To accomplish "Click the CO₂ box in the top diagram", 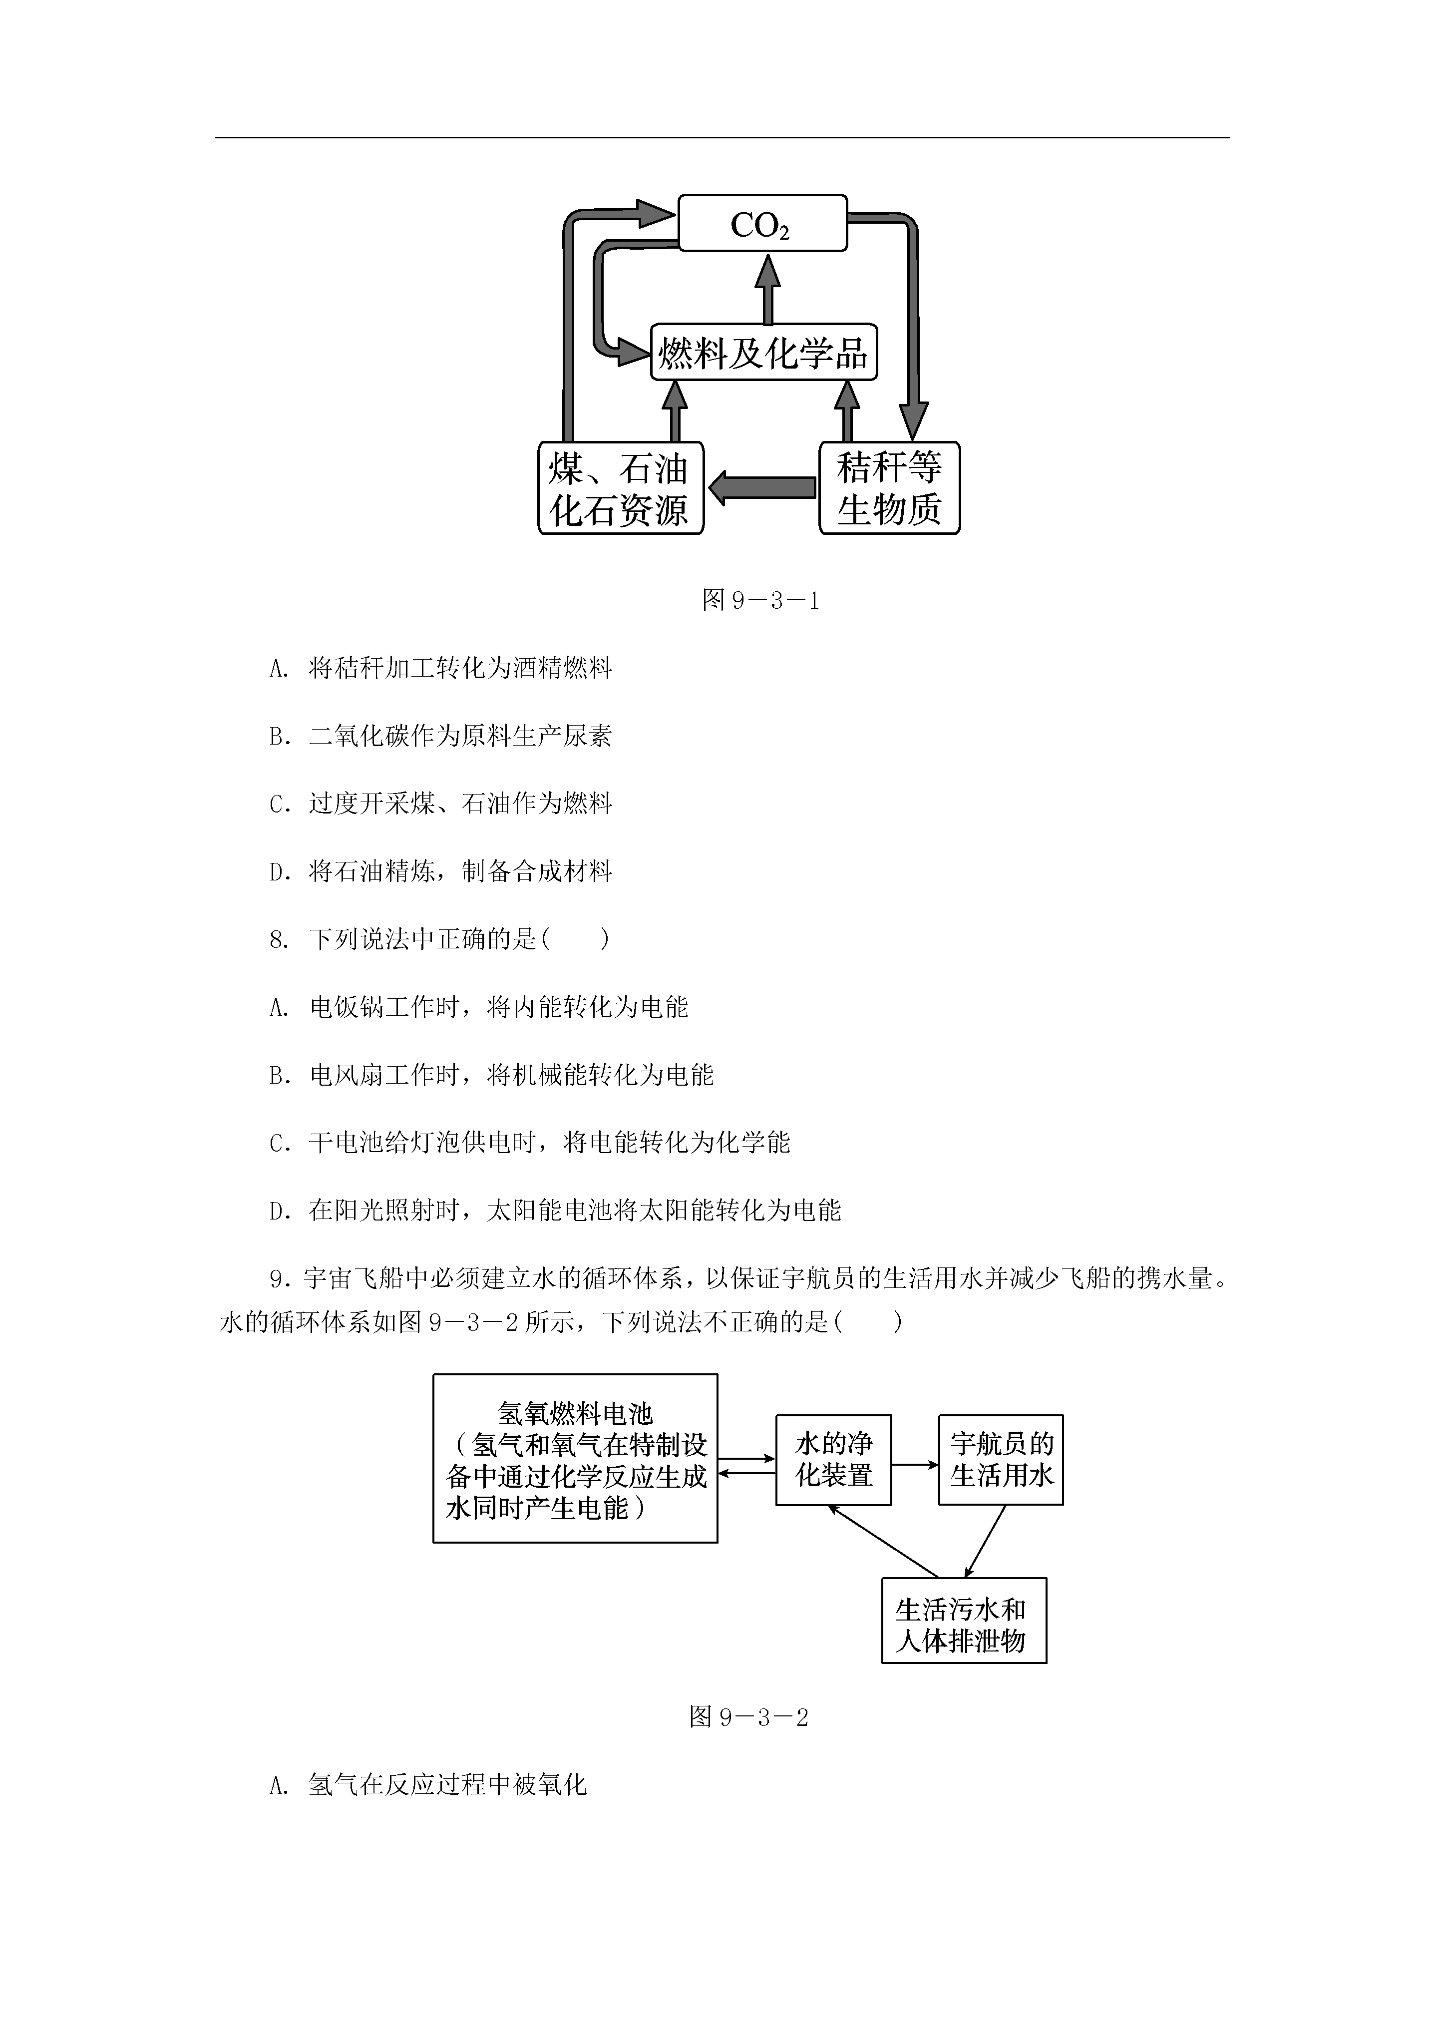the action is [762, 223].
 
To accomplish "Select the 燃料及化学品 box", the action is [764, 353].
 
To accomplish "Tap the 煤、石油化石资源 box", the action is [621, 488].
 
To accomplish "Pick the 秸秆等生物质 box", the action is [889, 488].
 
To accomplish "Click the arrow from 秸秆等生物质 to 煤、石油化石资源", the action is [762, 488].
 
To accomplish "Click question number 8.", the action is [279, 939].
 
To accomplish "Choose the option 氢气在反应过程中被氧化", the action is [428, 1785].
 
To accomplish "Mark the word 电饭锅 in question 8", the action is [347, 1007].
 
